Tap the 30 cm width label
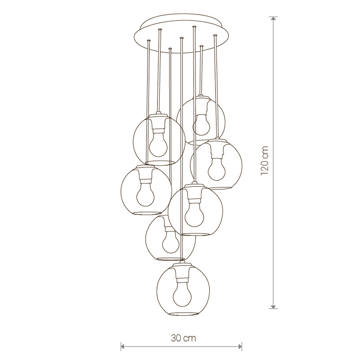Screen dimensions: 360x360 [x=184, y=338]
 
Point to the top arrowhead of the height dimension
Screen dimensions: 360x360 [x=273, y=19]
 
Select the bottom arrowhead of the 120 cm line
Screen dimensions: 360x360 [x=273, y=306]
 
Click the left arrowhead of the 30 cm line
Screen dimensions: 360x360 [x=123, y=346]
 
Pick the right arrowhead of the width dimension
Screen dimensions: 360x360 [x=239, y=346]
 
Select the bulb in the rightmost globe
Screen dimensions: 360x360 [x=216, y=168]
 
